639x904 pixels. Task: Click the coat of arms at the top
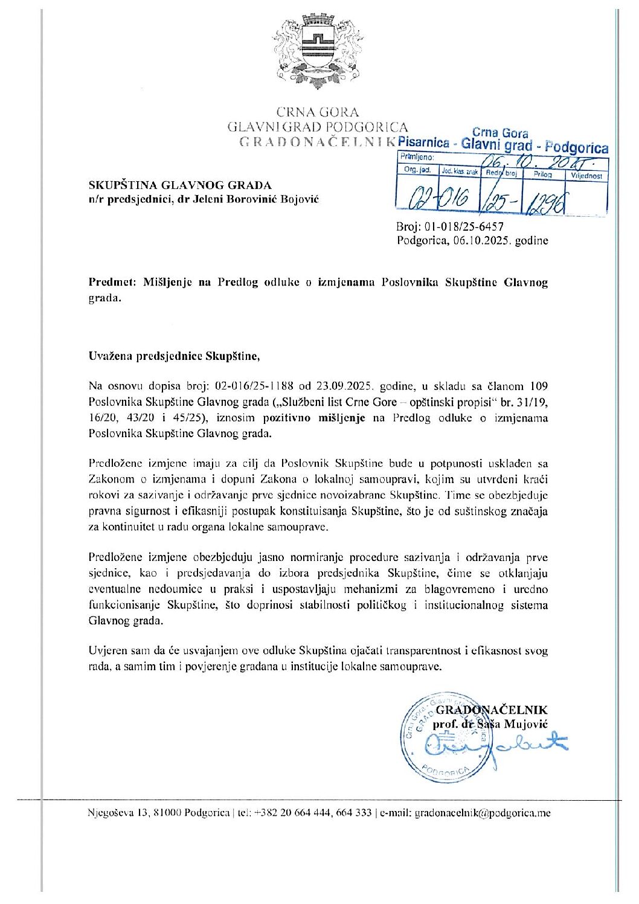click(x=318, y=53)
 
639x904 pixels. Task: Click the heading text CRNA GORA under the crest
click(x=318, y=112)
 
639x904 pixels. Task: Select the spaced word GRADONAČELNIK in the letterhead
click(x=317, y=143)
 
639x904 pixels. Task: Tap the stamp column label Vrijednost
click(x=586, y=176)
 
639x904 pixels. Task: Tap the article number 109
click(x=538, y=386)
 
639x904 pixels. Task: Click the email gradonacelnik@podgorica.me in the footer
click(x=483, y=813)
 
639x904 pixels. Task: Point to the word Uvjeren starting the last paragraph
click(x=107, y=651)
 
